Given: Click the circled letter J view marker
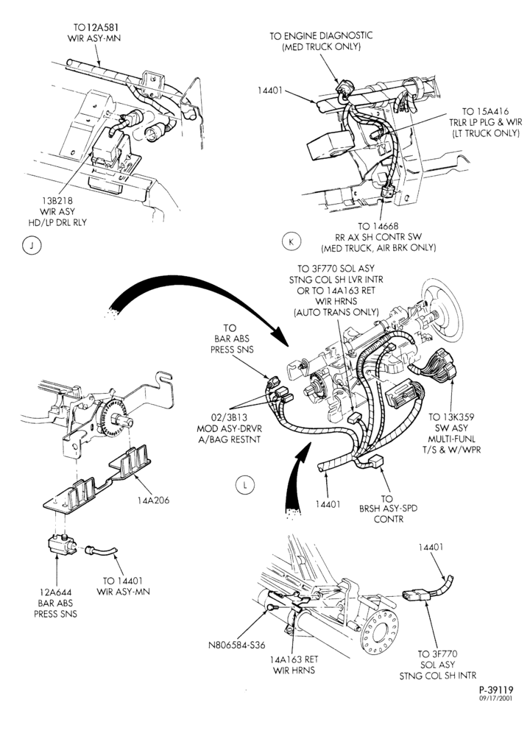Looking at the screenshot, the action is click(32, 246).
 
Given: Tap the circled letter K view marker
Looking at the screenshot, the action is click(291, 242).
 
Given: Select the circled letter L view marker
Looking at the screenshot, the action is click(244, 485).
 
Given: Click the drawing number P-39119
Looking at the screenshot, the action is click(495, 690).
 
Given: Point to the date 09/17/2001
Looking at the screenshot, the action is click(495, 698).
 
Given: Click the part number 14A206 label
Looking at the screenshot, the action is click(153, 500).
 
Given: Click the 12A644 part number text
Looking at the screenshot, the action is click(55, 592).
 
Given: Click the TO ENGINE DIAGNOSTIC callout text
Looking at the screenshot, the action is click(321, 35).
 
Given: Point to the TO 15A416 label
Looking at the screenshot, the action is click(485, 112).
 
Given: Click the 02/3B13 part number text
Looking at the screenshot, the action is click(229, 417).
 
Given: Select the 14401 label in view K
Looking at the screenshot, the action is click(269, 90).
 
